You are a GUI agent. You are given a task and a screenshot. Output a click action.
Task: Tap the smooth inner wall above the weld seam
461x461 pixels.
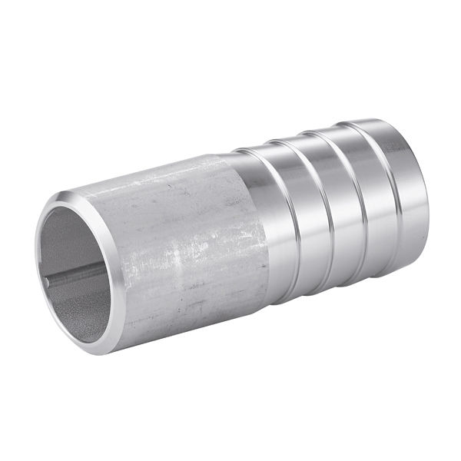click(73, 238)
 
